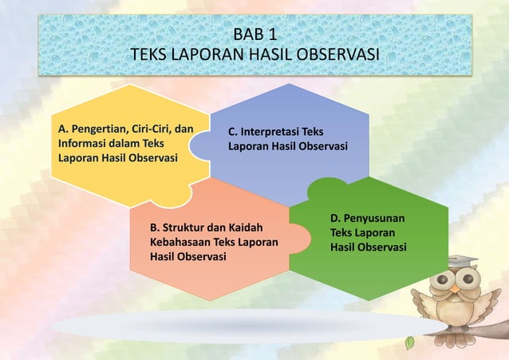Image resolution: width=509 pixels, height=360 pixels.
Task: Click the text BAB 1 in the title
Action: click(255, 35)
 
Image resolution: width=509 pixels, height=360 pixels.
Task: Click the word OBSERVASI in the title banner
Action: click(333, 55)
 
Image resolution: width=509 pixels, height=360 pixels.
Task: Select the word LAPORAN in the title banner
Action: click(203, 55)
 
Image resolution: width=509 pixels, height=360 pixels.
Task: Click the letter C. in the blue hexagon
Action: click(234, 132)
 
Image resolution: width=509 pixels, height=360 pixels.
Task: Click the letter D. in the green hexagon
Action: click(336, 218)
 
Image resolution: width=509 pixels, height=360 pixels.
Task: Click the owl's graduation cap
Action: click(462, 261)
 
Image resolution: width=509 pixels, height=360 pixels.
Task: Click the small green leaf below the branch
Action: click(410, 342)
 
